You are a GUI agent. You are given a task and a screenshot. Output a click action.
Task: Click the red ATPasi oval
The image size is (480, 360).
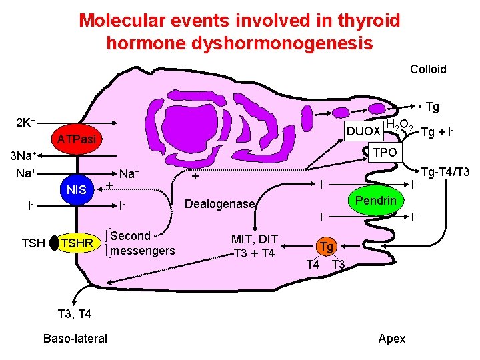[x=75, y=139]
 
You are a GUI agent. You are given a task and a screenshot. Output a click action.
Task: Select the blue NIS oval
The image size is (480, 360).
[x=77, y=190]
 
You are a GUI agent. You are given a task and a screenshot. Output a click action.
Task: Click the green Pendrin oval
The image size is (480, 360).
[x=375, y=201]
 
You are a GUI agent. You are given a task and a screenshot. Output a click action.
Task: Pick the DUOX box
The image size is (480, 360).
[x=363, y=130]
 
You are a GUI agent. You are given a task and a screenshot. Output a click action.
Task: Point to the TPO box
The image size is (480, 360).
[x=385, y=152]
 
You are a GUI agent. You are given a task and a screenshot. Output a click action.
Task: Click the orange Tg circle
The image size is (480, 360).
[x=327, y=246]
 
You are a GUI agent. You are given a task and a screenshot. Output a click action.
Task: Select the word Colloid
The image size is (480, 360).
[x=428, y=69]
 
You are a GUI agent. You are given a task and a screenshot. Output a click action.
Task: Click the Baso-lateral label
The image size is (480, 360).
[x=75, y=338]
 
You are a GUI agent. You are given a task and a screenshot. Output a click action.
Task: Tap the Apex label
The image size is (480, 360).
[x=391, y=338]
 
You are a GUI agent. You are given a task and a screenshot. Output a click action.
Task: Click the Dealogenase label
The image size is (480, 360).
[x=220, y=204]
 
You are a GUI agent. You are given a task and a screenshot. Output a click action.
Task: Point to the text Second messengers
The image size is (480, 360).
[x=142, y=243]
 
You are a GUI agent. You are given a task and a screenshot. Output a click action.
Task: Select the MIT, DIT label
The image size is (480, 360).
[x=254, y=239]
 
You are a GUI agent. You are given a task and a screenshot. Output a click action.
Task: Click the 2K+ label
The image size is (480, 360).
[x=25, y=123]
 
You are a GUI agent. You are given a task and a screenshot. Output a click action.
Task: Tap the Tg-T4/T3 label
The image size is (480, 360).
[x=445, y=172]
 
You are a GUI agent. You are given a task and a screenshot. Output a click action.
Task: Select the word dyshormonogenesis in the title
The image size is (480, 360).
[x=239, y=43]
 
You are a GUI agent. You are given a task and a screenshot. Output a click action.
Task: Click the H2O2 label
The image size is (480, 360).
[x=400, y=125]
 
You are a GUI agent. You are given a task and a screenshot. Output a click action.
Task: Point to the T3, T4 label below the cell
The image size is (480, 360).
[x=75, y=313]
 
